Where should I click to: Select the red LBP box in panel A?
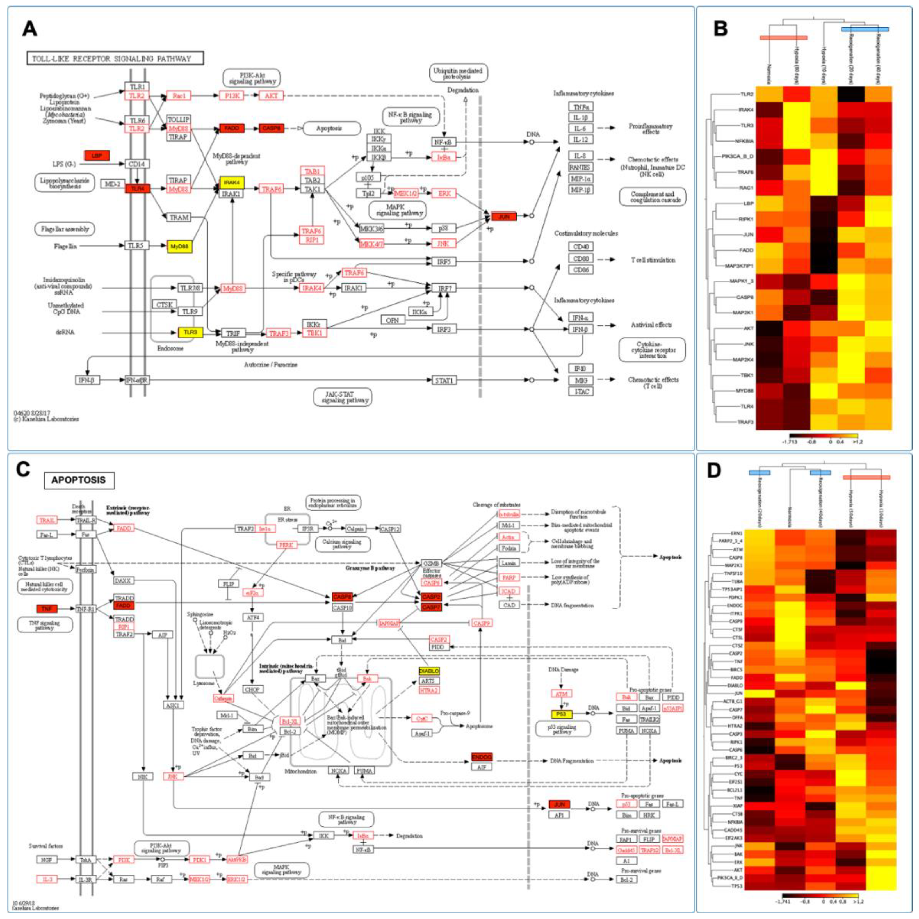(x=97, y=156)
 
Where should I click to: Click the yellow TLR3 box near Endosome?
(x=190, y=332)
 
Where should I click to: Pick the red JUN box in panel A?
(x=504, y=216)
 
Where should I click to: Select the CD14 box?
(x=137, y=164)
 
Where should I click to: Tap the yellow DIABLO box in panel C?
(x=429, y=671)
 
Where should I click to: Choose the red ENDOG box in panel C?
(x=481, y=757)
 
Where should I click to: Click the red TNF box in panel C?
(x=47, y=608)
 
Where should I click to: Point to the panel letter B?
(x=721, y=29)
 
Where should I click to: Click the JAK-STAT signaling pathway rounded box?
(x=343, y=397)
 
